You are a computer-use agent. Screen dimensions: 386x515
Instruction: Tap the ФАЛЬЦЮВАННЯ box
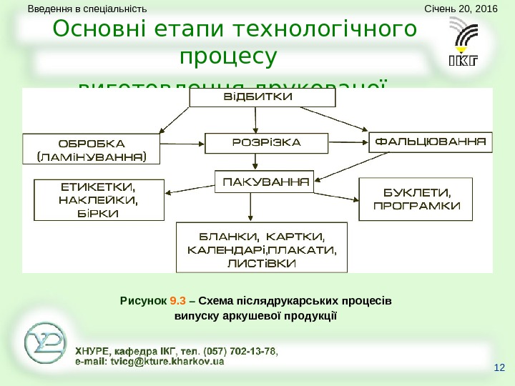[431, 141]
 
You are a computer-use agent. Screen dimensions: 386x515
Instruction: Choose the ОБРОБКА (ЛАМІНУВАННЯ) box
[91, 149]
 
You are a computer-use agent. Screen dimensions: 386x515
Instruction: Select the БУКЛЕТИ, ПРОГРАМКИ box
[416, 199]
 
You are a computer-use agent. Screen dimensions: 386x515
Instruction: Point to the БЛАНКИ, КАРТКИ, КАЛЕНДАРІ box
[261, 247]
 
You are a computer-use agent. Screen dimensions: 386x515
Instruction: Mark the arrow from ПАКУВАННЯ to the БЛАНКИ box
[250, 207]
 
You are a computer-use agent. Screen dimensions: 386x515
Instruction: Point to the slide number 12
[499, 368]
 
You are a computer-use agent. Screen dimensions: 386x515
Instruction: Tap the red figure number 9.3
[177, 300]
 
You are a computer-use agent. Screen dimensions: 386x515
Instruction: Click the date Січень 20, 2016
[460, 9]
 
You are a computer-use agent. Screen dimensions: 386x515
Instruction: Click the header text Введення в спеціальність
[87, 9]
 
